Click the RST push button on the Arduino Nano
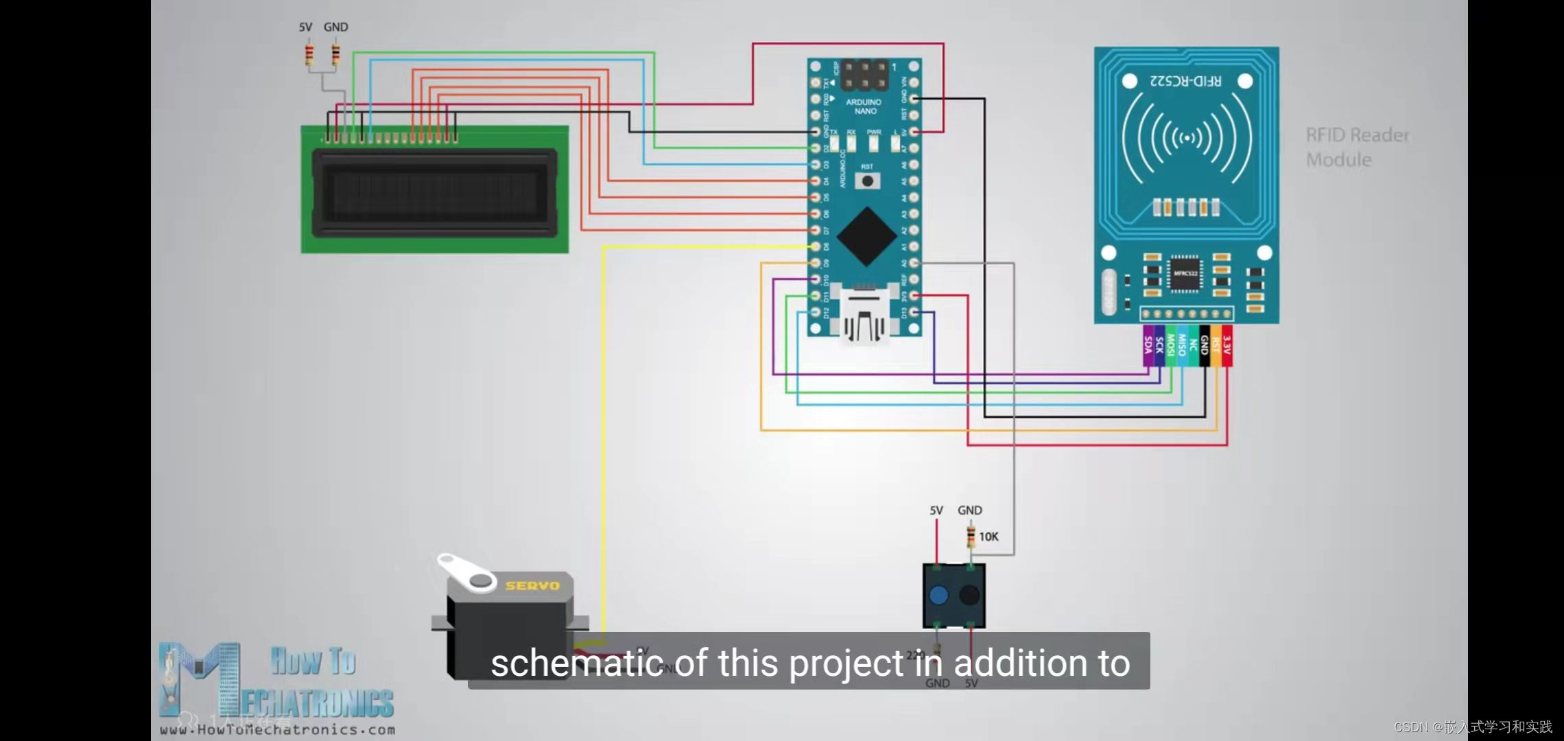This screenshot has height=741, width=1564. pos(868,181)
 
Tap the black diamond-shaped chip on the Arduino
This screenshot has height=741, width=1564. pos(866,236)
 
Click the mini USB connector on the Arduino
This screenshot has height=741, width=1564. pos(864,317)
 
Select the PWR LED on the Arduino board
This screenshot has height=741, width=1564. pos(874,143)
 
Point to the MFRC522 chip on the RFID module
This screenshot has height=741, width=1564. pos(1185,274)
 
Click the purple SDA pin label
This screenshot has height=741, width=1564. pos(1148,345)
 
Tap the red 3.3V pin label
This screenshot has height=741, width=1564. pos(1227,345)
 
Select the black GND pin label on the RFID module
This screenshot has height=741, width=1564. pos(1204,345)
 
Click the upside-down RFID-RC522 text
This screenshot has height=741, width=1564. pos(1185,81)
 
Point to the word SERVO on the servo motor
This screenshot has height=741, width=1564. pos(532,585)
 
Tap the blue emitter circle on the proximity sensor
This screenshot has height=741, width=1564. pos(938,595)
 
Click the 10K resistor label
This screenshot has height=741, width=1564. pos(988,537)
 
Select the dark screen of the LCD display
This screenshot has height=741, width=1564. pos(434,193)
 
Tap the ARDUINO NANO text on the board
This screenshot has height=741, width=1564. pos(864,106)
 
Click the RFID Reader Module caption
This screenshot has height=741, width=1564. pos(1357,148)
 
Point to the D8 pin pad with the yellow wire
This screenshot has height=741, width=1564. pos(816,247)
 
